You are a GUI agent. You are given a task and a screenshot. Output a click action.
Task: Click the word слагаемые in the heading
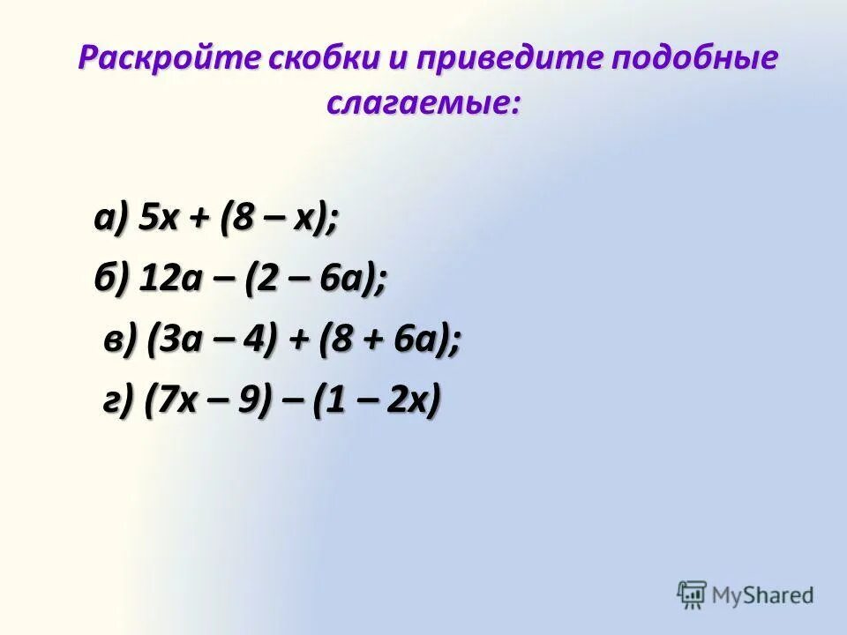tap(420, 104)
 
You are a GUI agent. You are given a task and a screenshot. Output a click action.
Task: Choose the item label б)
tap(113, 280)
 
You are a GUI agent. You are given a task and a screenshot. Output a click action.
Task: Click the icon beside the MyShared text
tap(692, 594)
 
